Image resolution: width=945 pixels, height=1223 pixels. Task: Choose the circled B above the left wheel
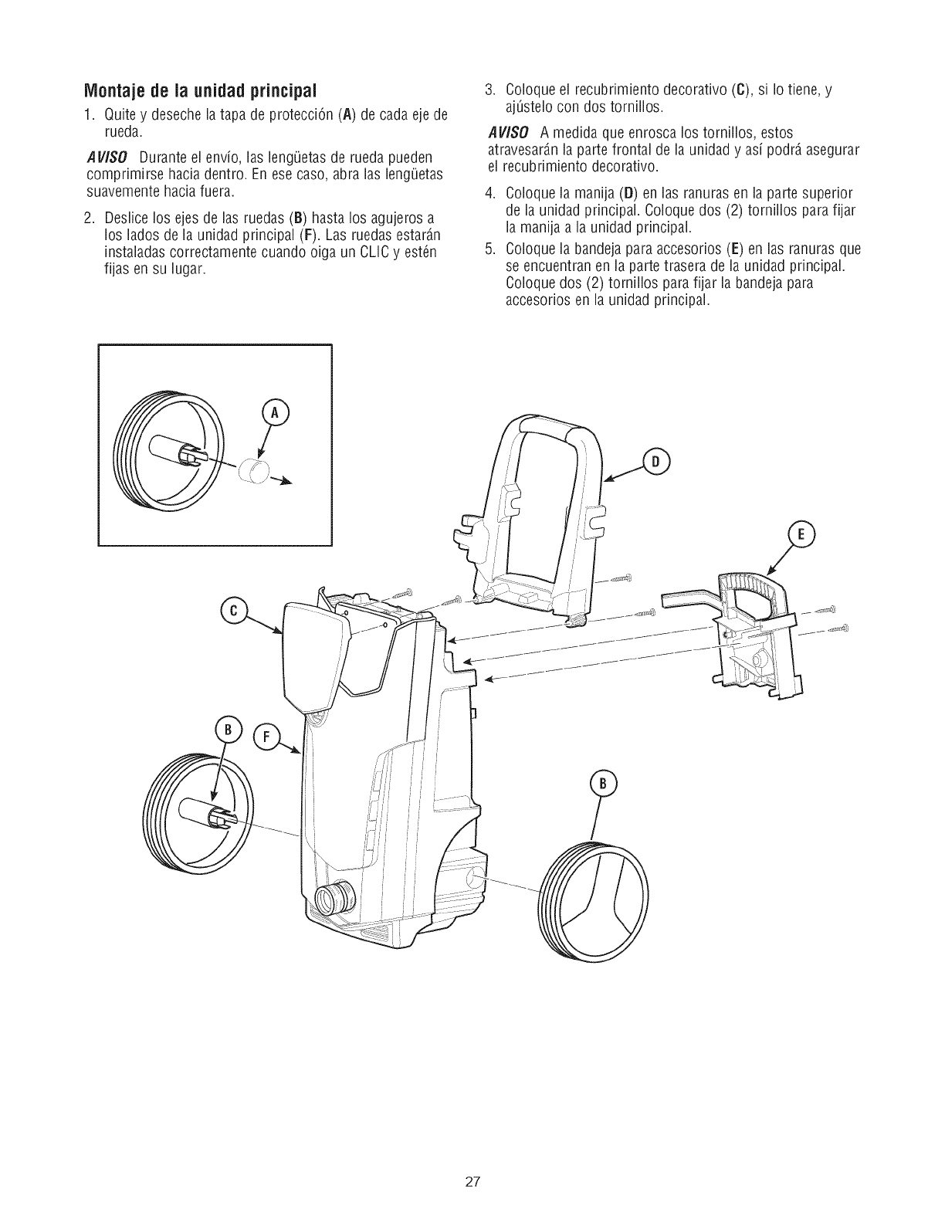228,730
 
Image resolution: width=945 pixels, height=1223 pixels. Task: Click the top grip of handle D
548,425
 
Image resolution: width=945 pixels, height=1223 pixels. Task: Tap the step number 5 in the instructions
489,249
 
